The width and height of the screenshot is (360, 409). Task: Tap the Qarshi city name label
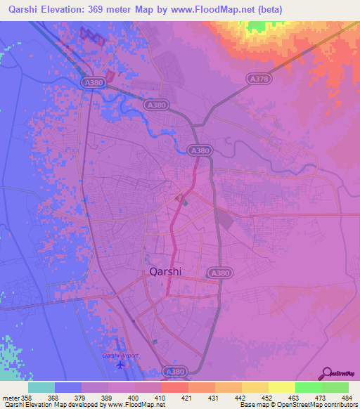click(x=169, y=270)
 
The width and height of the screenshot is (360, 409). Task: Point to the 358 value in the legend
click(x=27, y=397)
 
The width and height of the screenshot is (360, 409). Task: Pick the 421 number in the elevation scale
click(x=186, y=397)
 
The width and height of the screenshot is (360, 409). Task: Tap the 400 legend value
click(x=133, y=397)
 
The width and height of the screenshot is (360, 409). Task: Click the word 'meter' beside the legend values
click(x=10, y=397)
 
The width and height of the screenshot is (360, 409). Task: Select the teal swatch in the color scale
click(x=41, y=387)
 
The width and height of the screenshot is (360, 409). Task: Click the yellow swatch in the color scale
click(x=281, y=387)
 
